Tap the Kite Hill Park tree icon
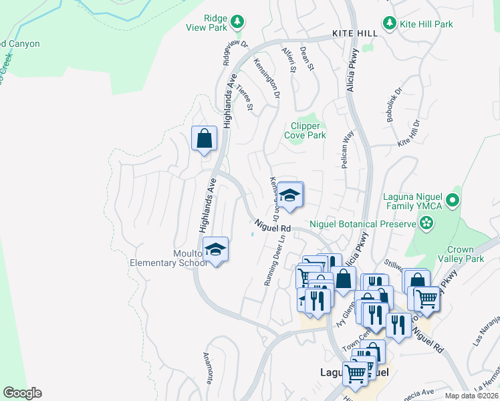(389, 23)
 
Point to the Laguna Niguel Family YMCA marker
(453, 200)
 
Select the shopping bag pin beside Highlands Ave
(205, 140)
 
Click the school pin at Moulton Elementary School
(216, 250)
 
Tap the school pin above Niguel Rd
(290, 196)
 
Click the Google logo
(22, 393)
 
